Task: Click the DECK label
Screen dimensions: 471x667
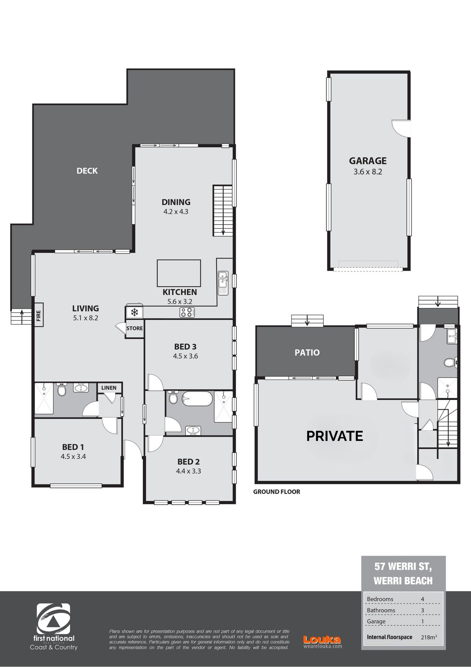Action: tap(87, 171)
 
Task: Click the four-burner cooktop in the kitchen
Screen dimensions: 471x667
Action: tap(187, 312)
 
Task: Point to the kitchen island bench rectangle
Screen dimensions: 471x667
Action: tap(179, 273)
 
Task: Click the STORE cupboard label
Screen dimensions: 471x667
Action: tap(135, 328)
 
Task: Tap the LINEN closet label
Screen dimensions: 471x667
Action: tap(109, 387)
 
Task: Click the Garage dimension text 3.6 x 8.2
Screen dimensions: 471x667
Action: tap(368, 171)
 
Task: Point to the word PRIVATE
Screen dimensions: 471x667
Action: tap(335, 436)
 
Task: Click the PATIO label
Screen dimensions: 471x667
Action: tap(307, 352)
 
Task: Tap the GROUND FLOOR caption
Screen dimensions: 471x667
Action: tap(277, 491)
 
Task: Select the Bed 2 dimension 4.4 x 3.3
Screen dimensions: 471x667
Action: tap(189, 471)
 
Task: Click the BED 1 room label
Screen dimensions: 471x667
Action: tap(73, 447)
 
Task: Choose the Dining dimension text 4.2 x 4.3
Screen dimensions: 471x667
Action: tap(176, 211)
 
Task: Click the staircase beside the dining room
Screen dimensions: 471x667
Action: tap(223, 211)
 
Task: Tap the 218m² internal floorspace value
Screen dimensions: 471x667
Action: tap(429, 637)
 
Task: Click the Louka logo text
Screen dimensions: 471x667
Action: tap(322, 640)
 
